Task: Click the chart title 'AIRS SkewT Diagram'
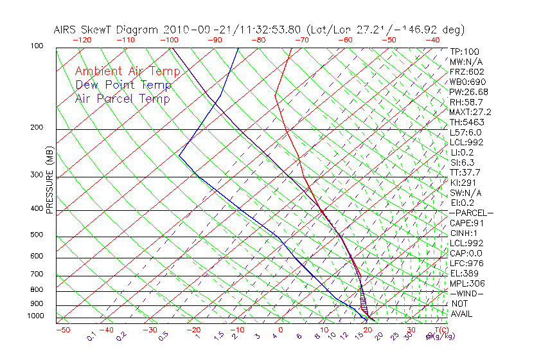click(x=107, y=30)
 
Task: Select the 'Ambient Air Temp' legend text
click(x=128, y=71)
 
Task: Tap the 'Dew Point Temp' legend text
click(x=123, y=85)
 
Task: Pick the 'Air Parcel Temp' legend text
click(x=123, y=98)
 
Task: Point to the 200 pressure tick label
click(x=37, y=127)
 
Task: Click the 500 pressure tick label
click(x=37, y=235)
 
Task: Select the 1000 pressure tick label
click(x=35, y=316)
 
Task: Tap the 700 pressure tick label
click(x=37, y=274)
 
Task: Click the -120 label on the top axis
click(x=82, y=39)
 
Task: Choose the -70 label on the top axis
click(x=300, y=39)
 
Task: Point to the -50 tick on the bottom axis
click(x=62, y=330)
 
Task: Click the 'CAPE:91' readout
click(x=466, y=223)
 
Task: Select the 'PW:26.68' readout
click(x=469, y=92)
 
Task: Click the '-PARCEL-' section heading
click(x=472, y=213)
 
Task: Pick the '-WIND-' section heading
click(x=466, y=293)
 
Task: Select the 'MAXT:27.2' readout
click(x=472, y=112)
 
